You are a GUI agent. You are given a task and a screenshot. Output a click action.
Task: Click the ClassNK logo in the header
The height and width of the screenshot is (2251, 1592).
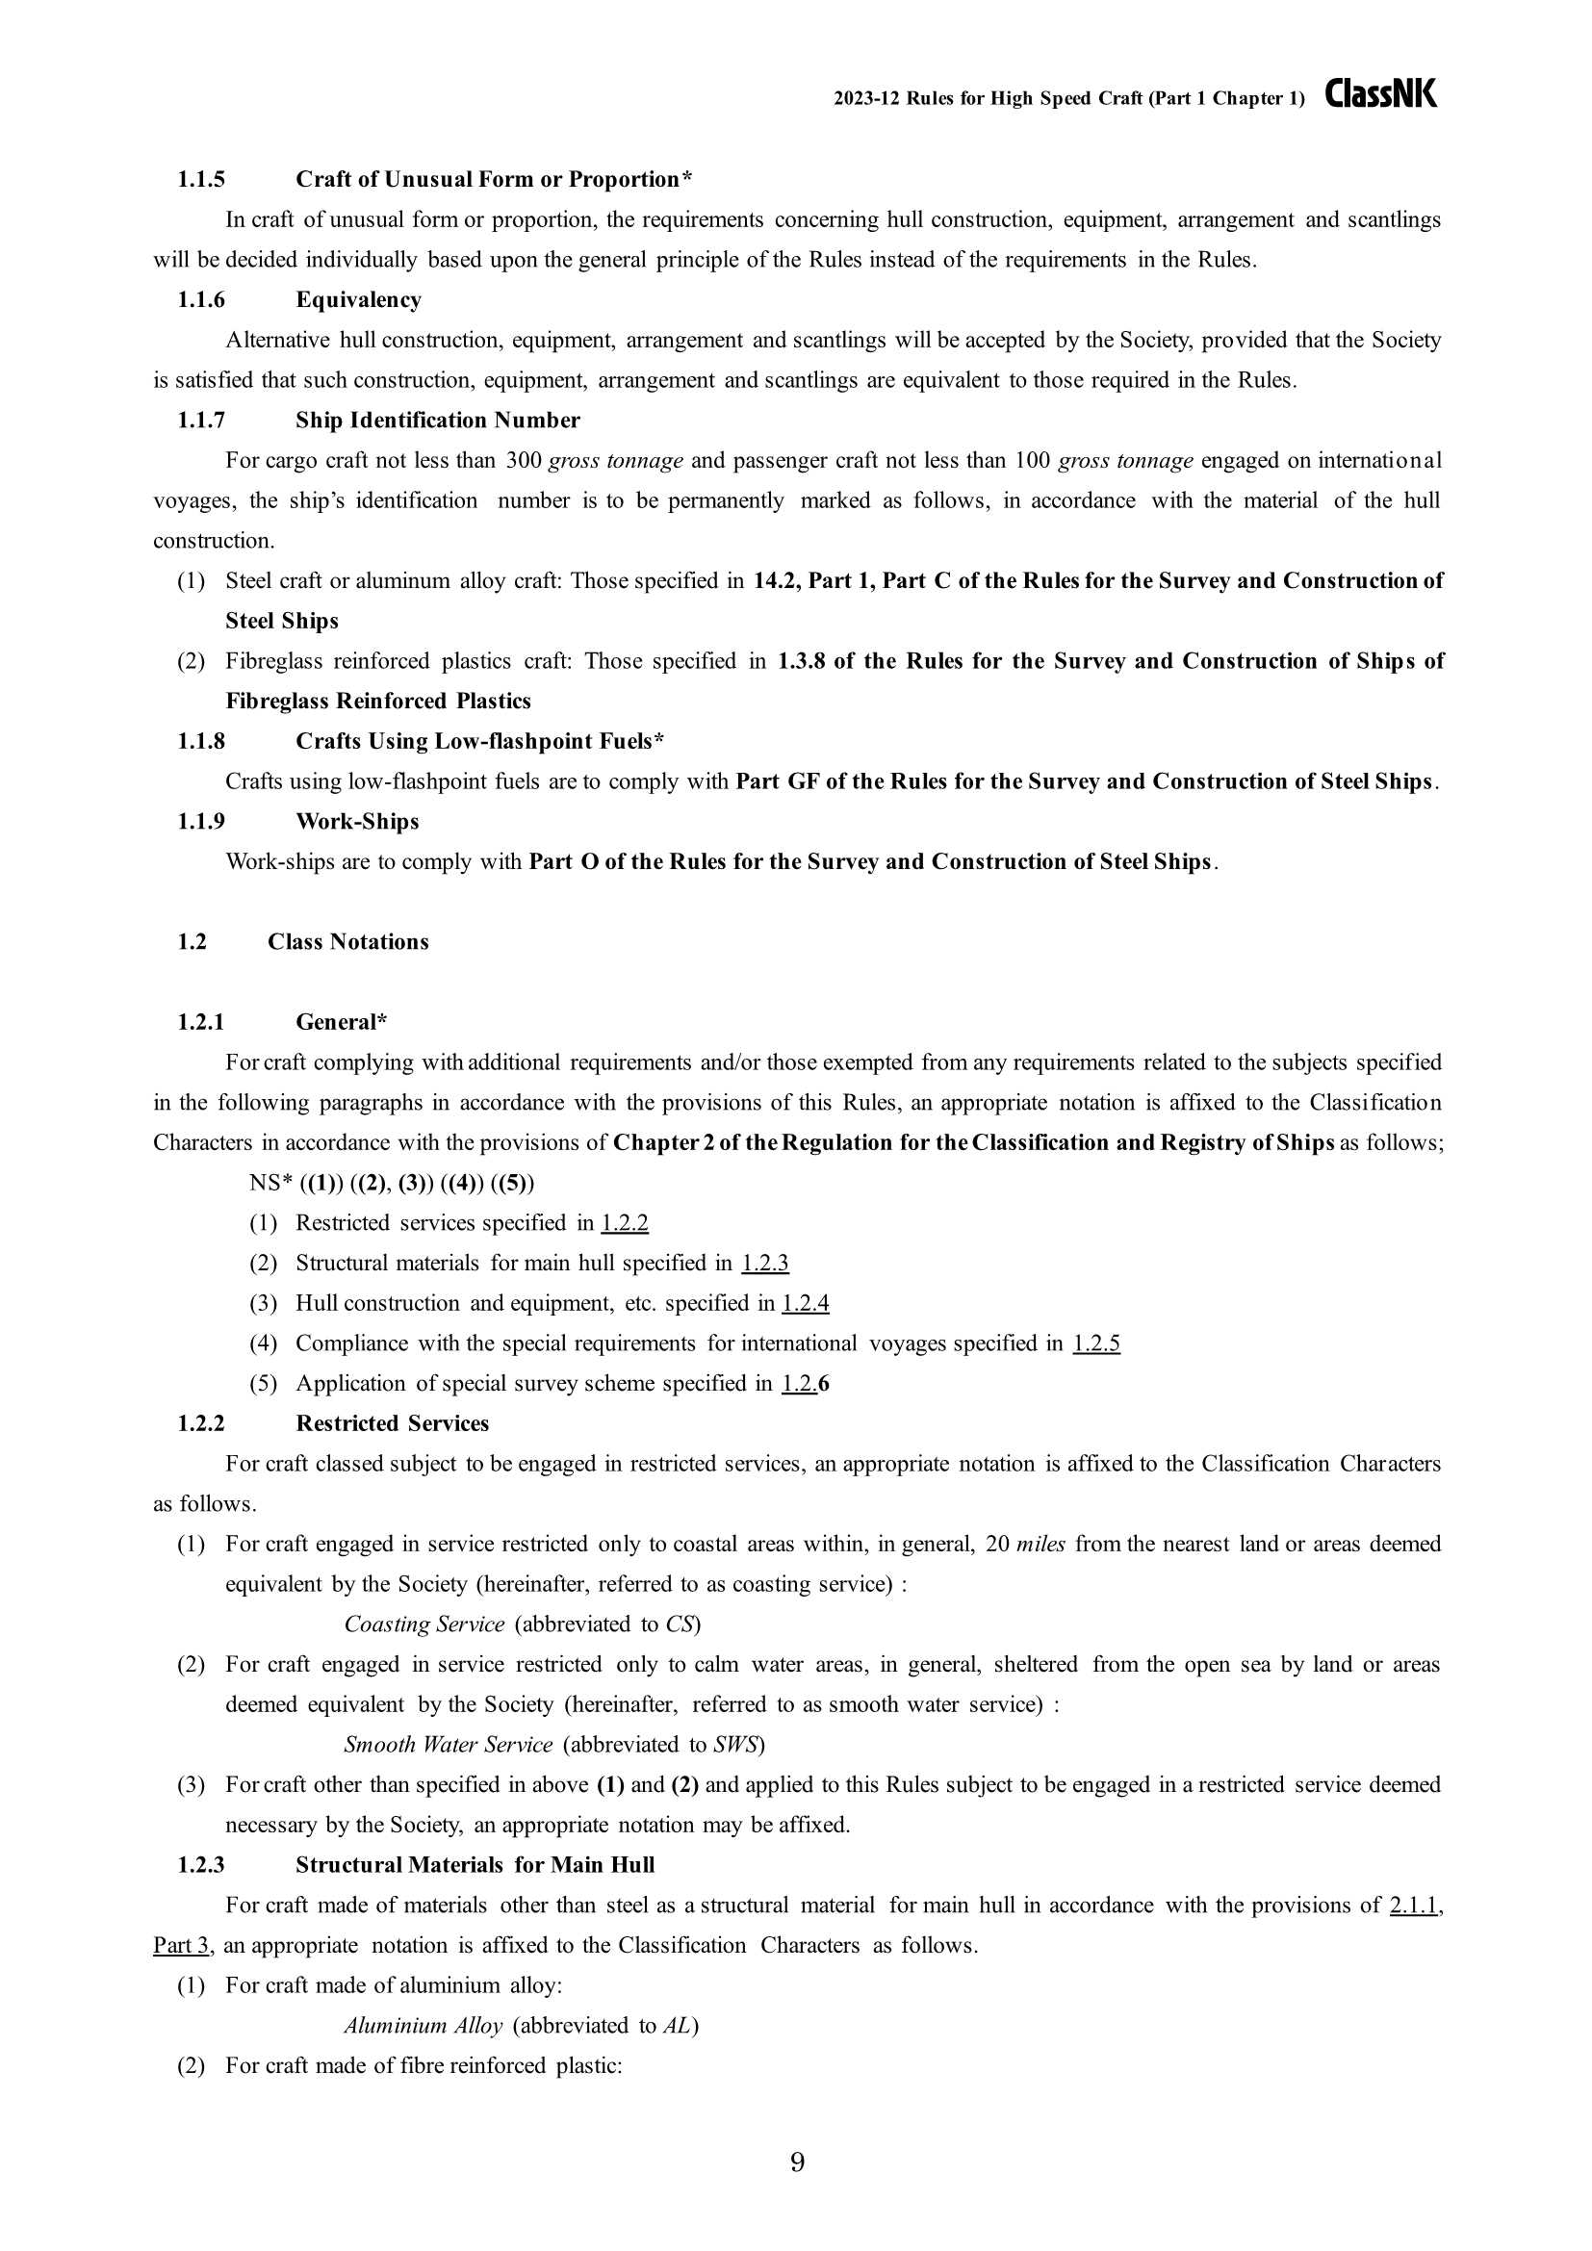click(x=1380, y=94)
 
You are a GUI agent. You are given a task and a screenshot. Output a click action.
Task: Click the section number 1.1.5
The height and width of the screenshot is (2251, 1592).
click(x=201, y=179)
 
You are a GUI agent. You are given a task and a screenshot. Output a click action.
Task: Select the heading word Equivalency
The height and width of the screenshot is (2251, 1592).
click(x=358, y=300)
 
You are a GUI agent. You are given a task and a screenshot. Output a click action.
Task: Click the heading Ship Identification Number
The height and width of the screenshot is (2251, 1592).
click(x=437, y=421)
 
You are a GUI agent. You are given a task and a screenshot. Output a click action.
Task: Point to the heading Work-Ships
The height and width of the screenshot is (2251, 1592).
click(x=357, y=822)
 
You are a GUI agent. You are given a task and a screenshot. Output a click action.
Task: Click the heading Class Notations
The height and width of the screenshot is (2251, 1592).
click(x=348, y=942)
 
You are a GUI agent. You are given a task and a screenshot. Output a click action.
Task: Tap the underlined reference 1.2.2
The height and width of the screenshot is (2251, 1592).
click(x=625, y=1222)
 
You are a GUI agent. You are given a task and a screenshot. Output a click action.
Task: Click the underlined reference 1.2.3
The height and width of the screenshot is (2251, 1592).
click(x=764, y=1263)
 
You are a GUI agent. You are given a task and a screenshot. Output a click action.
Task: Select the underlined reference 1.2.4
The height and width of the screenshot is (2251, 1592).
click(x=805, y=1303)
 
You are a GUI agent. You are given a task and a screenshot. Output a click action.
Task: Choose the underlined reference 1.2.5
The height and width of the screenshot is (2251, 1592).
click(x=1096, y=1343)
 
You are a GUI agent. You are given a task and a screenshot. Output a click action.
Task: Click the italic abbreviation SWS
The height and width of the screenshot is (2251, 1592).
click(x=735, y=1744)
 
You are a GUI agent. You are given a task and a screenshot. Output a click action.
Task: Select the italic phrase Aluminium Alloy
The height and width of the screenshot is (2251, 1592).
click(x=423, y=2026)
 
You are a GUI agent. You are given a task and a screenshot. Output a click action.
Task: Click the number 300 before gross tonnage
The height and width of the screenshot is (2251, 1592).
click(x=523, y=461)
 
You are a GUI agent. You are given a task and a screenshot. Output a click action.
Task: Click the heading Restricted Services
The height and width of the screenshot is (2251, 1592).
click(x=392, y=1423)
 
